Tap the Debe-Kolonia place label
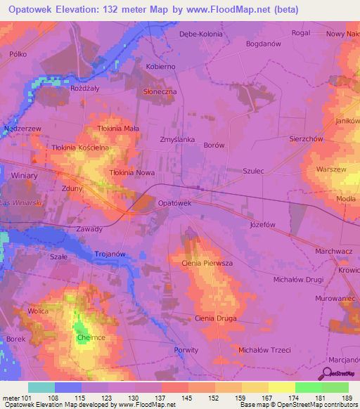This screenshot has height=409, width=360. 201,34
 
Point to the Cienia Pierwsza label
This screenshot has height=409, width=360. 206,262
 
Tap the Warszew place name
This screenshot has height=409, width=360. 331,170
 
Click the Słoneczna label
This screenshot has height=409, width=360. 160,92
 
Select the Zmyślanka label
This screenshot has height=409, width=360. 177,139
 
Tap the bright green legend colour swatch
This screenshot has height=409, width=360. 308,387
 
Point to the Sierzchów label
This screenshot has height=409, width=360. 306,139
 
